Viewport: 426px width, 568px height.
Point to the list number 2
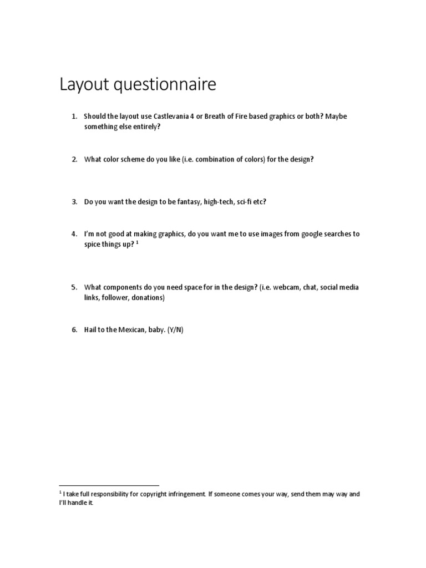click(74, 159)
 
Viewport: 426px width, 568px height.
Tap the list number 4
click(74, 234)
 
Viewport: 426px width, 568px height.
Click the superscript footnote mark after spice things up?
click(137, 243)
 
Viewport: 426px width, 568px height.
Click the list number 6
click(74, 330)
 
